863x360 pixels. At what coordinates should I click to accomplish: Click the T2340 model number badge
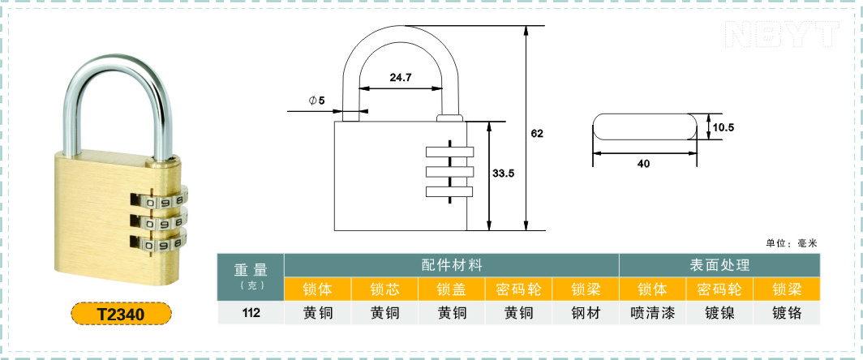pyautogui.click(x=121, y=314)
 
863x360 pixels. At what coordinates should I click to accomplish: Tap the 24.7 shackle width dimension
pyautogui.click(x=401, y=78)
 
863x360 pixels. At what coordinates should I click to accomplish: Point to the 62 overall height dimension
pyautogui.click(x=537, y=133)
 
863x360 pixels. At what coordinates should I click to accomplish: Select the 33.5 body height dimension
pyautogui.click(x=503, y=174)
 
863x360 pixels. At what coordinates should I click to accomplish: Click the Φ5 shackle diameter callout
pyautogui.click(x=317, y=101)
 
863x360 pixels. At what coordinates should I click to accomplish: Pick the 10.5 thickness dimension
pyautogui.click(x=723, y=128)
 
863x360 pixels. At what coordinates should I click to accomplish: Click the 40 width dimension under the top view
pyautogui.click(x=643, y=164)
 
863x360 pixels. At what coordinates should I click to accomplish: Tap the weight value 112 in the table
pyautogui.click(x=251, y=313)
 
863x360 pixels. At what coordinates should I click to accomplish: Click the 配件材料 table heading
pyautogui.click(x=452, y=265)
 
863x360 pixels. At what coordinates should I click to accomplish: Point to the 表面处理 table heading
pyautogui.click(x=720, y=265)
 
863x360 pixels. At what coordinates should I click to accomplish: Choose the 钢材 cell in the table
pyautogui.click(x=586, y=313)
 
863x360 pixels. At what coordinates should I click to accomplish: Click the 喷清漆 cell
pyautogui.click(x=653, y=313)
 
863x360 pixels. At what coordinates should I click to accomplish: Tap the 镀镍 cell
pyautogui.click(x=720, y=313)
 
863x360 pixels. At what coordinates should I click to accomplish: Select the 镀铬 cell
pyautogui.click(x=787, y=313)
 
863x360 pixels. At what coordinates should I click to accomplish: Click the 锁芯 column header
pyautogui.click(x=384, y=289)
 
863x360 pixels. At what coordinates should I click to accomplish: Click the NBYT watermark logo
pyautogui.click(x=782, y=33)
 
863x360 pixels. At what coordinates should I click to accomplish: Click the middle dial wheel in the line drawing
pyautogui.click(x=449, y=172)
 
